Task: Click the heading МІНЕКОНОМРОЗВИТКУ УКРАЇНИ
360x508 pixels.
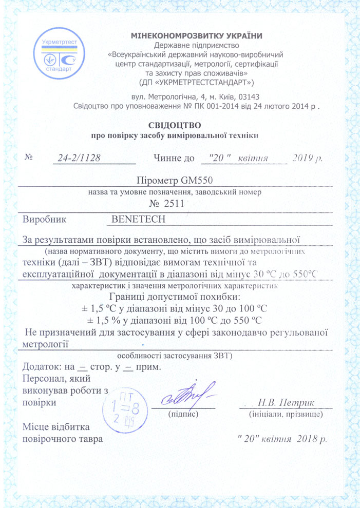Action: pos(197,35)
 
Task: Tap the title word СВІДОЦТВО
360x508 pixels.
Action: pos(175,125)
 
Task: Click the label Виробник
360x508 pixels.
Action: pos(45,219)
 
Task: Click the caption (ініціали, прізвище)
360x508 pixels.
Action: pos(286,413)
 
